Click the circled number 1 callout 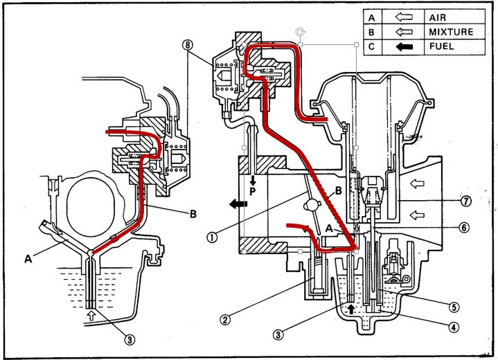coord(213,237)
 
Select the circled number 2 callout coord(225,319)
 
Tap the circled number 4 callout coord(454,327)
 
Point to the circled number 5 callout coord(454,307)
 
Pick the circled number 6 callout coord(464,227)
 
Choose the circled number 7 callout coord(466,201)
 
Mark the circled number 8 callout coord(188,45)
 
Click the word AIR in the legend coord(438,17)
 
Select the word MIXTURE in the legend coord(451,32)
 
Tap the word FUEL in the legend coord(441,46)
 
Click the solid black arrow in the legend coord(404,47)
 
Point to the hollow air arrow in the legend coord(404,17)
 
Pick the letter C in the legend coord(371,47)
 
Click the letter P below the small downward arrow coord(253,192)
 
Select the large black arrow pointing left coord(238,204)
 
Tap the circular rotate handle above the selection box coord(300,32)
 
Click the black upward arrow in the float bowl coord(351,309)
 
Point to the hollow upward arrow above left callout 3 coord(91,314)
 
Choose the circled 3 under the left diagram coord(130,340)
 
